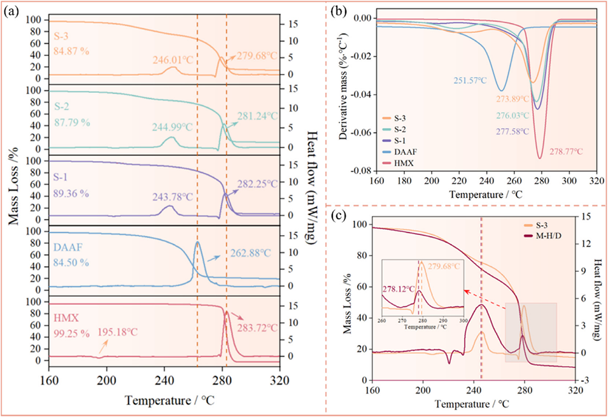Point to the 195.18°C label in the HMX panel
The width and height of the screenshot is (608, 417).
119,332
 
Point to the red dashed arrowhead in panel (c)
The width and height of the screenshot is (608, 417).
466,291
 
